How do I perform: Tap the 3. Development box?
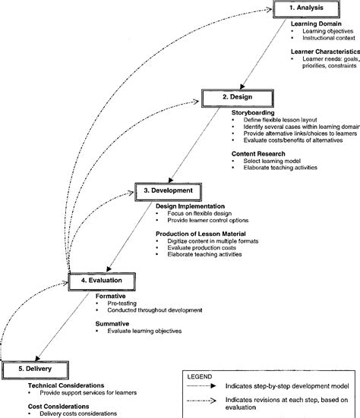click(169, 190)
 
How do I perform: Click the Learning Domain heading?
click(315, 24)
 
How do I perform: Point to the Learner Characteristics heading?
click(323, 52)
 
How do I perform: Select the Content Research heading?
click(259, 154)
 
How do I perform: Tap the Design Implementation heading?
click(191, 205)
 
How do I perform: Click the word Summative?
click(111, 322)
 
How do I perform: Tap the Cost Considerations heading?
click(44, 405)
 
